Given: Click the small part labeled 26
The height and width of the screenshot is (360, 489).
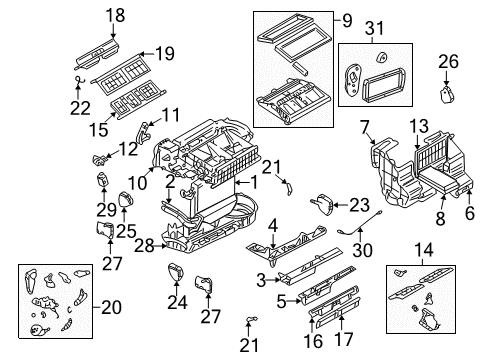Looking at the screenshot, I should (447, 95).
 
